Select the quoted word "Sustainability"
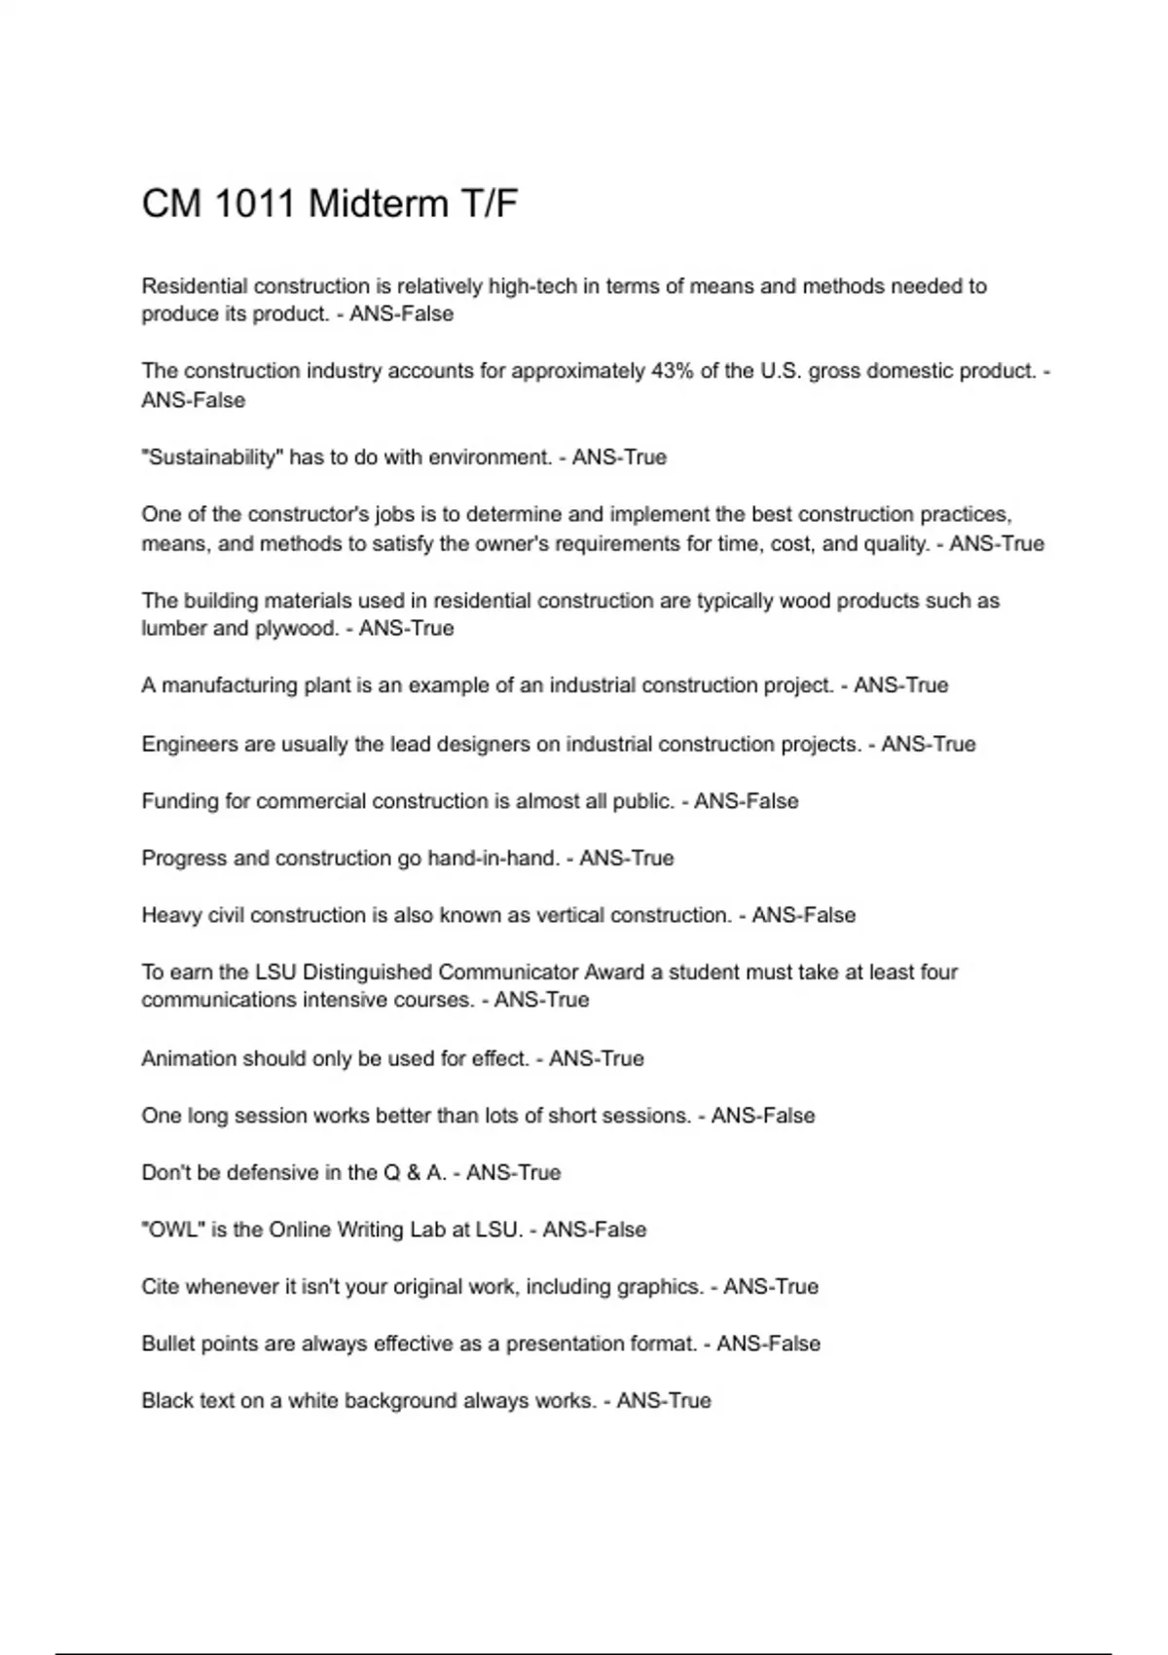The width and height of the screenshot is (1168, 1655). [x=212, y=458]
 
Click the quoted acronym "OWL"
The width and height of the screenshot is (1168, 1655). [x=172, y=1230]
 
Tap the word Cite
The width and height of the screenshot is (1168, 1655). [x=161, y=1287]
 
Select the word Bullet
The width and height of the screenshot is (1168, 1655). [x=167, y=1343]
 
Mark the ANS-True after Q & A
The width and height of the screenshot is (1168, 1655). [x=513, y=1173]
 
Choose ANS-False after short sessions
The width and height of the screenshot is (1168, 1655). [x=763, y=1116]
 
